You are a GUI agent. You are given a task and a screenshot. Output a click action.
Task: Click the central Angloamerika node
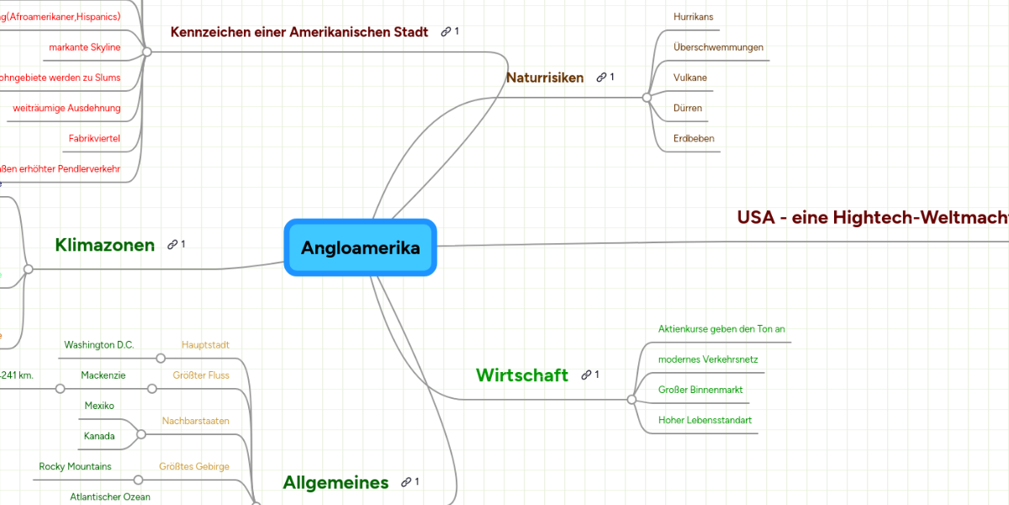(x=360, y=247)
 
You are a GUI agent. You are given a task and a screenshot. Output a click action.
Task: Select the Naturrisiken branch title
(x=544, y=77)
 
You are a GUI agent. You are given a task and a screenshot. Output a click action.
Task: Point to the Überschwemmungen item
(x=718, y=47)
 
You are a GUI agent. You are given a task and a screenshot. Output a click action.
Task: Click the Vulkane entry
(x=690, y=77)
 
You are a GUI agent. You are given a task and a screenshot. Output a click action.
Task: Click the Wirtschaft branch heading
(x=521, y=375)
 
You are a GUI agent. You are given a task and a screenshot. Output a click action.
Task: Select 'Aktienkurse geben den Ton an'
(x=721, y=329)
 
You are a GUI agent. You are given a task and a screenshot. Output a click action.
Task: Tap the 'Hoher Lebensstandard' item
(x=705, y=420)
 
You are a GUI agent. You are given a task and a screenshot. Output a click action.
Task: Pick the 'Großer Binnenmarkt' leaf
(x=700, y=390)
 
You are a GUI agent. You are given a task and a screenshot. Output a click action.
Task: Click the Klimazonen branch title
(x=104, y=245)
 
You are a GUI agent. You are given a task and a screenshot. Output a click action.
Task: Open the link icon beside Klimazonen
(x=172, y=245)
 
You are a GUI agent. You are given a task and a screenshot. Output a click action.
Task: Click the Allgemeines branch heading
(x=335, y=482)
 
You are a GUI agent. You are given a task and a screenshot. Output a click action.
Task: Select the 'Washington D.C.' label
(x=99, y=345)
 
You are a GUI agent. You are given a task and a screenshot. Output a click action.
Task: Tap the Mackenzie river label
(x=103, y=375)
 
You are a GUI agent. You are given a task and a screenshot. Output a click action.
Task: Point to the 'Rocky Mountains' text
(x=75, y=466)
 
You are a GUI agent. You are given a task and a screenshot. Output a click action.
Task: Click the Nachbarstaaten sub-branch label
(x=195, y=421)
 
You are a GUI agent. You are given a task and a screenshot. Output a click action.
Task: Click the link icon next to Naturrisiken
(x=601, y=77)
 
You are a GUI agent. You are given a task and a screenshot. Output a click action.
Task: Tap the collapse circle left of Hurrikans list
(x=647, y=98)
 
